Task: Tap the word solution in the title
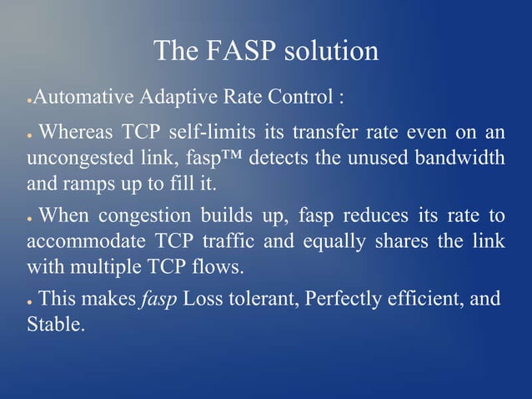(x=332, y=52)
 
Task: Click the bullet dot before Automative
(x=29, y=100)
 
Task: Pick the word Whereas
(x=76, y=132)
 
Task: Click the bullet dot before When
(x=29, y=219)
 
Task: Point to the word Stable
(x=55, y=323)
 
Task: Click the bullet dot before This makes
(x=29, y=300)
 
